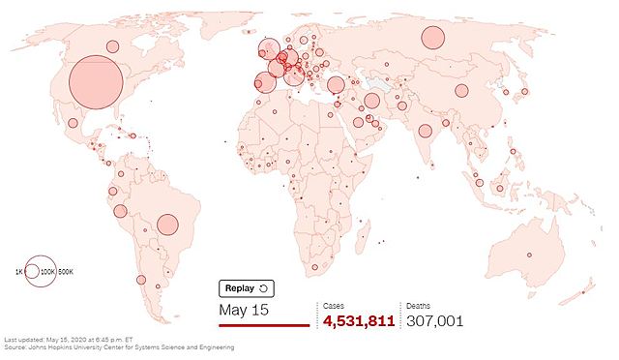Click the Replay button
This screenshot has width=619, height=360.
pyautogui.click(x=247, y=288)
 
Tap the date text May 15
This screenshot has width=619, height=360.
pyautogui.click(x=242, y=311)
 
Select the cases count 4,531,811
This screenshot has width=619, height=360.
pyautogui.click(x=359, y=320)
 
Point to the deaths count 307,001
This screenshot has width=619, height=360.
pyautogui.click(x=435, y=320)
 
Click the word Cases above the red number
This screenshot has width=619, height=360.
pyautogui.click(x=334, y=305)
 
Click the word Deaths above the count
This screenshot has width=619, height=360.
pyautogui.click(x=419, y=305)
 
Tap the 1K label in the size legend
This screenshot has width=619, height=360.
pyautogui.click(x=18, y=273)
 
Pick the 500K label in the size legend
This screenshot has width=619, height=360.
pyautogui.click(x=66, y=273)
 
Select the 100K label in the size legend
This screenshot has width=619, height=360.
pyautogui.click(x=46, y=273)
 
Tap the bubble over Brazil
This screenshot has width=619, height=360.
pyautogui.click(x=167, y=225)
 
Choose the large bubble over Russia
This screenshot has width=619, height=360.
pyautogui.click(x=431, y=39)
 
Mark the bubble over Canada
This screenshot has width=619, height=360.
pyautogui.click(x=112, y=45)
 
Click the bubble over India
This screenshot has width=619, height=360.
pyautogui.click(x=424, y=131)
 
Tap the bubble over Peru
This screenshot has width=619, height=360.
pyautogui.click(x=120, y=211)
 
